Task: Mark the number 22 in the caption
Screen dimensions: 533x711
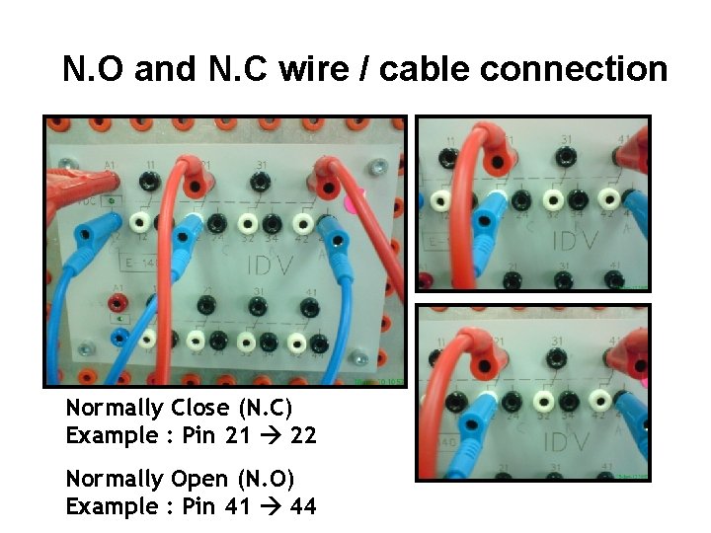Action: (303, 435)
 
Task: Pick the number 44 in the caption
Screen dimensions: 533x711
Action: (303, 507)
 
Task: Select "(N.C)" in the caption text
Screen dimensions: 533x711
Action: (266, 408)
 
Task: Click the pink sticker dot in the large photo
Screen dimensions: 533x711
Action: (357, 198)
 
